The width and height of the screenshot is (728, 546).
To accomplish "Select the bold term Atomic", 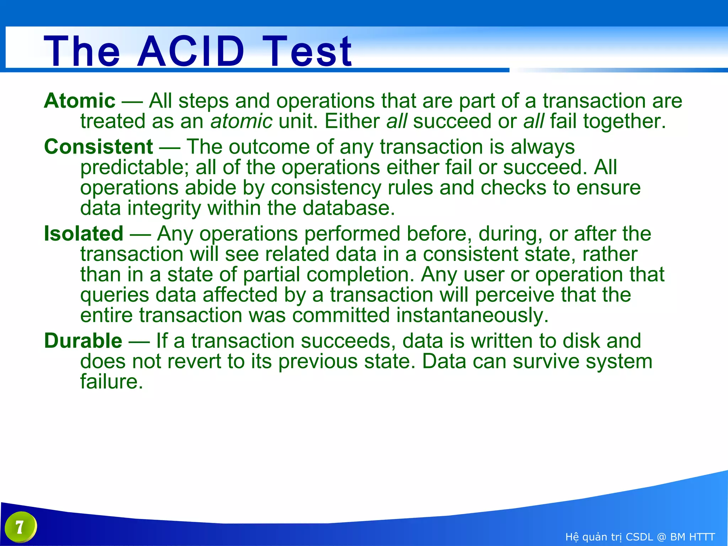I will [80, 101].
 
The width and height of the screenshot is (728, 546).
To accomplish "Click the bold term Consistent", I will [98, 147].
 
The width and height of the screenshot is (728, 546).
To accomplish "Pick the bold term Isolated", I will [84, 234].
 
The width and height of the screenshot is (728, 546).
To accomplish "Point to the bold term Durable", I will [83, 341].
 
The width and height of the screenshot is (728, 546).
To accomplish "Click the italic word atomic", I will [241, 121].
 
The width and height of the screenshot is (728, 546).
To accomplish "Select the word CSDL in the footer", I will [639, 537].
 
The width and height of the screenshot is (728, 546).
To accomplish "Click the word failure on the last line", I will [111, 382].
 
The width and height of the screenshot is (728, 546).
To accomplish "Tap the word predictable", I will [135, 167].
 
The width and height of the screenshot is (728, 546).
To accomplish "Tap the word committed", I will [341, 315].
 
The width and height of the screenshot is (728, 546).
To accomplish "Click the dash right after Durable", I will [139, 342].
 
